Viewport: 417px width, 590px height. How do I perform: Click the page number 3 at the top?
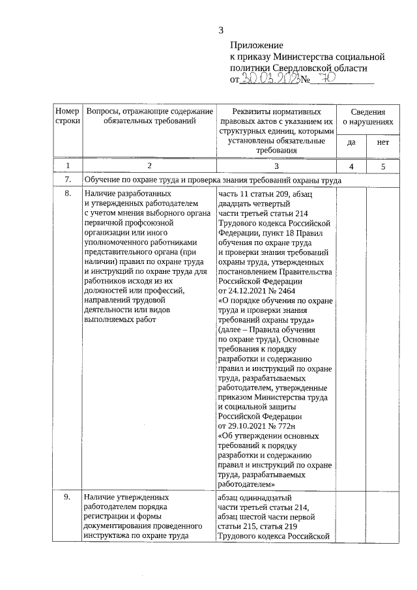click(221, 29)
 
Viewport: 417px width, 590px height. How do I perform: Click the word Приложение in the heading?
click(256, 46)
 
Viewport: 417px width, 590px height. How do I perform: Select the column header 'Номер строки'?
click(67, 117)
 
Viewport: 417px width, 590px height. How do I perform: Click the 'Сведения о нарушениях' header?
click(367, 117)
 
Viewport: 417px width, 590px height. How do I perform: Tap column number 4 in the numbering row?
click(351, 166)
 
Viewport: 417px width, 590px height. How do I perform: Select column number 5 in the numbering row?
click(383, 166)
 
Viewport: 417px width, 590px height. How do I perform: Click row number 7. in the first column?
click(67, 180)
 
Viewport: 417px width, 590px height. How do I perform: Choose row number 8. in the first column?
click(67, 194)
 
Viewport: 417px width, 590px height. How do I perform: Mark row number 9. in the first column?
click(67, 497)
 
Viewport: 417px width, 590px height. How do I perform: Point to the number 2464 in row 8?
click(287, 290)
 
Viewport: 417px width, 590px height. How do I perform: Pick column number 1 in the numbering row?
click(67, 166)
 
